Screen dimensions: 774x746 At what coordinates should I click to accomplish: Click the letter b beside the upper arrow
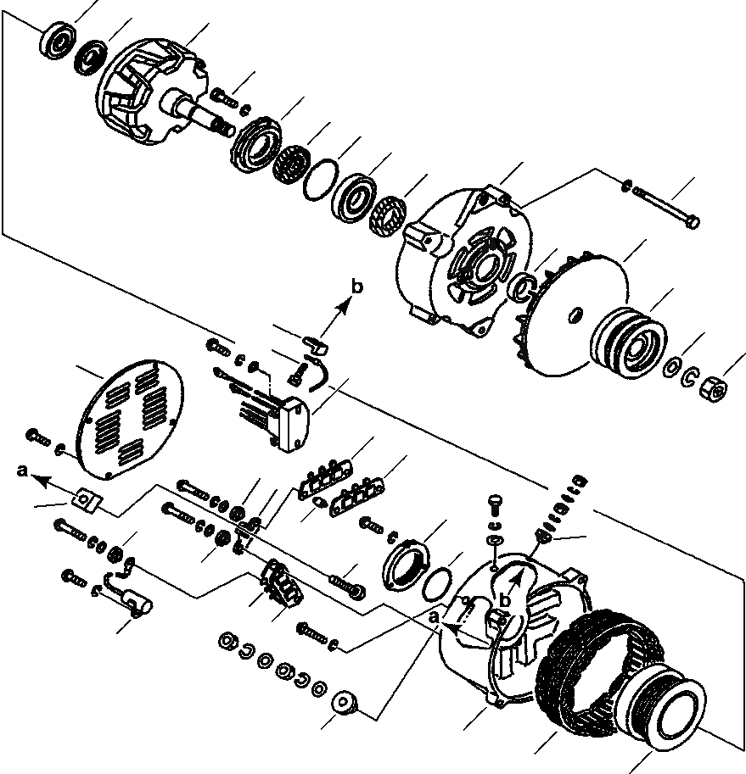pyautogui.click(x=357, y=287)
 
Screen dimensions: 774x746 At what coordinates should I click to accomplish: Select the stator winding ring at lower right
pyautogui.click(x=594, y=678)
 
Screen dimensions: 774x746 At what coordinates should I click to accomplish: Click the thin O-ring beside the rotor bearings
pyautogui.click(x=320, y=179)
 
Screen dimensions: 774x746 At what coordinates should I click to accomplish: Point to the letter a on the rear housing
pyautogui.click(x=435, y=619)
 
